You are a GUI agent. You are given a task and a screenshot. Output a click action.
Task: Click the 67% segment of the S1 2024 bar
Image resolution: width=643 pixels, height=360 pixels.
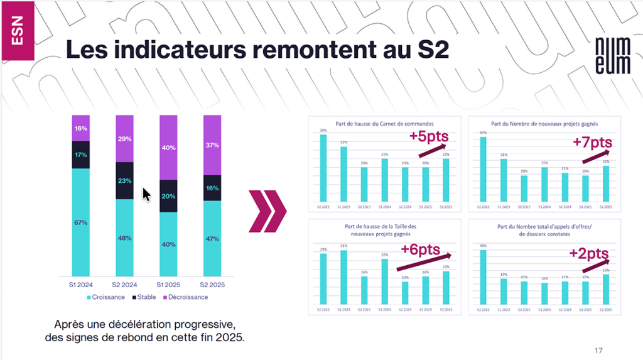[80, 222]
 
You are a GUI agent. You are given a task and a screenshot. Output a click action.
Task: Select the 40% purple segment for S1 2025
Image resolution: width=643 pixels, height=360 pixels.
[168, 148]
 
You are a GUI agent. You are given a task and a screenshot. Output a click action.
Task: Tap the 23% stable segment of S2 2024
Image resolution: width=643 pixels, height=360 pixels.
[124, 180]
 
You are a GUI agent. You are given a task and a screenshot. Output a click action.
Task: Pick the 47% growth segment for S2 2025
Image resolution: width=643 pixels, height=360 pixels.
[212, 238]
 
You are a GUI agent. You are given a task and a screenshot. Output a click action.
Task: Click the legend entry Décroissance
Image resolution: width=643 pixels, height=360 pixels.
[188, 297]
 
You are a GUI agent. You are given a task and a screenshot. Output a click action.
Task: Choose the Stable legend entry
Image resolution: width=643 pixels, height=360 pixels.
[144, 297]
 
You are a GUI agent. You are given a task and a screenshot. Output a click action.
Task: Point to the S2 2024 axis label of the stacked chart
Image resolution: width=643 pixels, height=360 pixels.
[124, 285]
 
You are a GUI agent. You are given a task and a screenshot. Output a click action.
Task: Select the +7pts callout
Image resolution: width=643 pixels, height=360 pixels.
[590, 142]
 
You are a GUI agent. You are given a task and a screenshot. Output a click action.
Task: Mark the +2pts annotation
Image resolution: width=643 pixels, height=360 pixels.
[589, 253]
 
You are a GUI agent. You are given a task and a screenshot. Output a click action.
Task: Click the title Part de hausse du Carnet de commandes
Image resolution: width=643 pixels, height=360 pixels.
[384, 124]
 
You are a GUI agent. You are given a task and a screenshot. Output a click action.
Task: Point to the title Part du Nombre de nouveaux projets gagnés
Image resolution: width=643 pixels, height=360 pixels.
[544, 124]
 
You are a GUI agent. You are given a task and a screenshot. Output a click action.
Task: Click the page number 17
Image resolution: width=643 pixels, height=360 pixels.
[598, 350]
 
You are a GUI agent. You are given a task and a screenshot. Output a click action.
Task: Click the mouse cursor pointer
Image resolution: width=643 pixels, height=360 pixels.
[146, 195]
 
